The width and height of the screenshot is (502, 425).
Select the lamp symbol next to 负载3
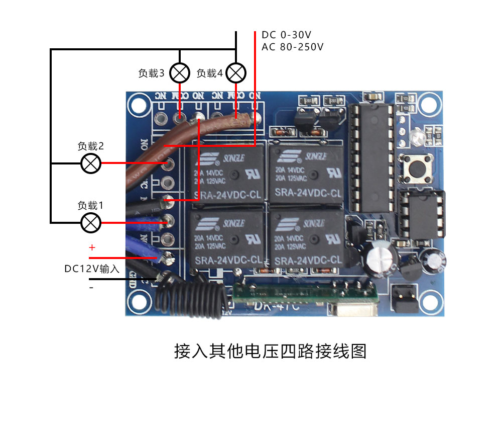[x=179, y=73]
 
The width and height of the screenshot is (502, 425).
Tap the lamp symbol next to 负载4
[x=236, y=73]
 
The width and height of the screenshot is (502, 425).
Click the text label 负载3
[x=151, y=73]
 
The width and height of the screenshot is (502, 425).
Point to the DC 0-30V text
[x=287, y=35]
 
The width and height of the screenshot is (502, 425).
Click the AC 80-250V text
[x=292, y=47]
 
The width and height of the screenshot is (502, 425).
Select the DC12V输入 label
[x=92, y=269]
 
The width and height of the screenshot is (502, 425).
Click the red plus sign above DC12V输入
[x=92, y=248]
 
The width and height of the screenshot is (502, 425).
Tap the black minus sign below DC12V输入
[x=91, y=288]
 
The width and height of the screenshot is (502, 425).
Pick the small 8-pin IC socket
[x=421, y=214]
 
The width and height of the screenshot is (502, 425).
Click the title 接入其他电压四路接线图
[x=270, y=351]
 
